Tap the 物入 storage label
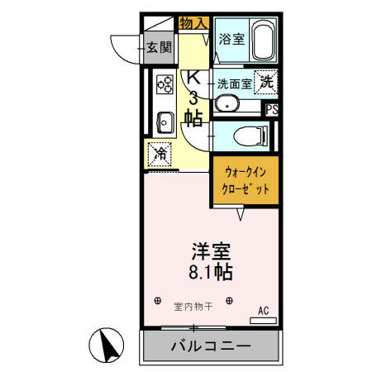pos(193,23)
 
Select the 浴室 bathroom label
pos(231,38)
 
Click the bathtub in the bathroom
pos(262,44)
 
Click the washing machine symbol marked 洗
pos(266,81)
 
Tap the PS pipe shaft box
pos(272,108)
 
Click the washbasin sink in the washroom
pos(227,104)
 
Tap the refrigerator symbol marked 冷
pos(160,153)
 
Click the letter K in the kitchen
pos(193,78)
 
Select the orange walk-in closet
pos(246,182)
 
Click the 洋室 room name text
pos(211,250)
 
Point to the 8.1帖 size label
pos(212,270)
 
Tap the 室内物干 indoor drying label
pos(193,306)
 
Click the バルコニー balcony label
pos(210,345)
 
